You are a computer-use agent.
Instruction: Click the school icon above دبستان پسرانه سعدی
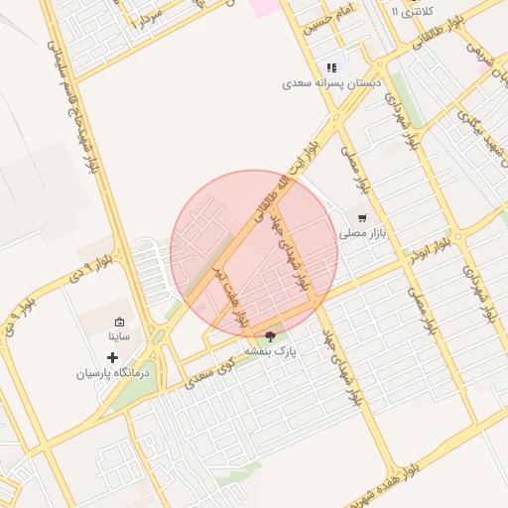click(332, 68)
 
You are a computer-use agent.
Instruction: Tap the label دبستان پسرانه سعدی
click(326, 85)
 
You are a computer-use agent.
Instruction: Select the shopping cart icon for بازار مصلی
click(363, 217)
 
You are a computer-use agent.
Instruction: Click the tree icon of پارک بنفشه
click(271, 336)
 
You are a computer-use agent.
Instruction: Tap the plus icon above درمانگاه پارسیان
click(113, 356)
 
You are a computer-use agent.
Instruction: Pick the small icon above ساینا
click(120, 321)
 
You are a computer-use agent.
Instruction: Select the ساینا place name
click(120, 337)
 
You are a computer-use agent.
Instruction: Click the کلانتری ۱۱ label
click(412, 10)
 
